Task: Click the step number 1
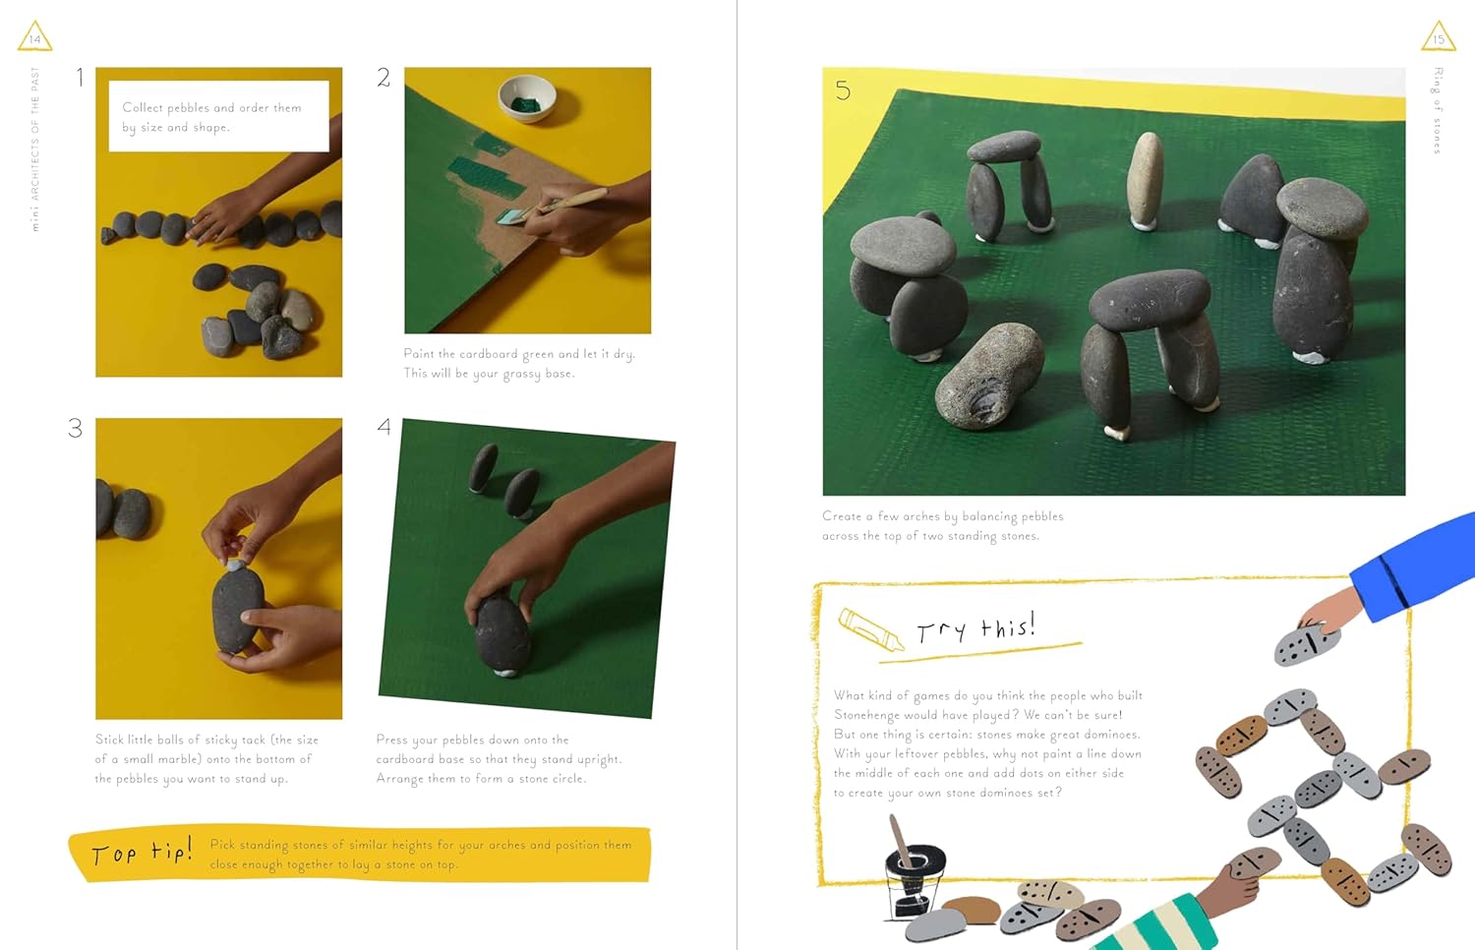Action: click(x=80, y=78)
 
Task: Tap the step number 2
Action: click(x=383, y=78)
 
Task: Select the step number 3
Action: click(x=76, y=428)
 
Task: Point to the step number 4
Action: click(x=383, y=427)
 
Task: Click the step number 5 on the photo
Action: click(x=843, y=91)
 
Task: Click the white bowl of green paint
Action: click(x=527, y=98)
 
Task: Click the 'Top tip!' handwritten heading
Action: click(x=141, y=853)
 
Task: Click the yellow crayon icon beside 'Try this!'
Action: click(x=870, y=629)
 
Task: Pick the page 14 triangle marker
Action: click(x=34, y=36)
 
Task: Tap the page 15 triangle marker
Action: click(x=1438, y=36)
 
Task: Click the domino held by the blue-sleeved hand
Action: click(x=1306, y=644)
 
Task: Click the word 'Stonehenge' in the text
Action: click(x=866, y=715)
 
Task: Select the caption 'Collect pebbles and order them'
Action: click(x=211, y=108)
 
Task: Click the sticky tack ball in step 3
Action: click(x=235, y=565)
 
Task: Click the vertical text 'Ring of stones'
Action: click(x=1437, y=110)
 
